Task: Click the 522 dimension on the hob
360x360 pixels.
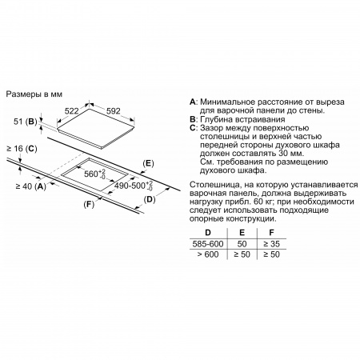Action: pos(72,111)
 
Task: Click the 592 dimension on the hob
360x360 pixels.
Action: pos(114,111)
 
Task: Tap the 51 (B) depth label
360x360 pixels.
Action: pos(26,122)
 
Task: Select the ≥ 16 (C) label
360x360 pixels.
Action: pos(22,149)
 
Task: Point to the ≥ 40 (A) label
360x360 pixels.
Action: pos(31,186)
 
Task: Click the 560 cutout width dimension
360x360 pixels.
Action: pos(95,174)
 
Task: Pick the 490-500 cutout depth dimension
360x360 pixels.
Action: pos(134,186)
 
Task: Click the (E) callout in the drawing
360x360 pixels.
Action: pos(148,163)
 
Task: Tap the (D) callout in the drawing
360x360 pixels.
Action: pos(150,199)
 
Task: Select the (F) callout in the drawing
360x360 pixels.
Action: pos(89,205)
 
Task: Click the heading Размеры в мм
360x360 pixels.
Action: pos(34,94)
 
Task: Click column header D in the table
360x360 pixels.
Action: pos(208,233)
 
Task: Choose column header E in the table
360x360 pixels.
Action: pos(242,233)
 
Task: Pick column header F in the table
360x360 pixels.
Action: pos(271,233)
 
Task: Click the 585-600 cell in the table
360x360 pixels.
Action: pos(208,244)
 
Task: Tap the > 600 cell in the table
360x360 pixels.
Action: pos(208,254)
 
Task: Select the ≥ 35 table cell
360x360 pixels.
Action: pos(271,244)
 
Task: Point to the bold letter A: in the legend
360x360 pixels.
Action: pos(194,102)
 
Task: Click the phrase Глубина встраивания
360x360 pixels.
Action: pos(242,119)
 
